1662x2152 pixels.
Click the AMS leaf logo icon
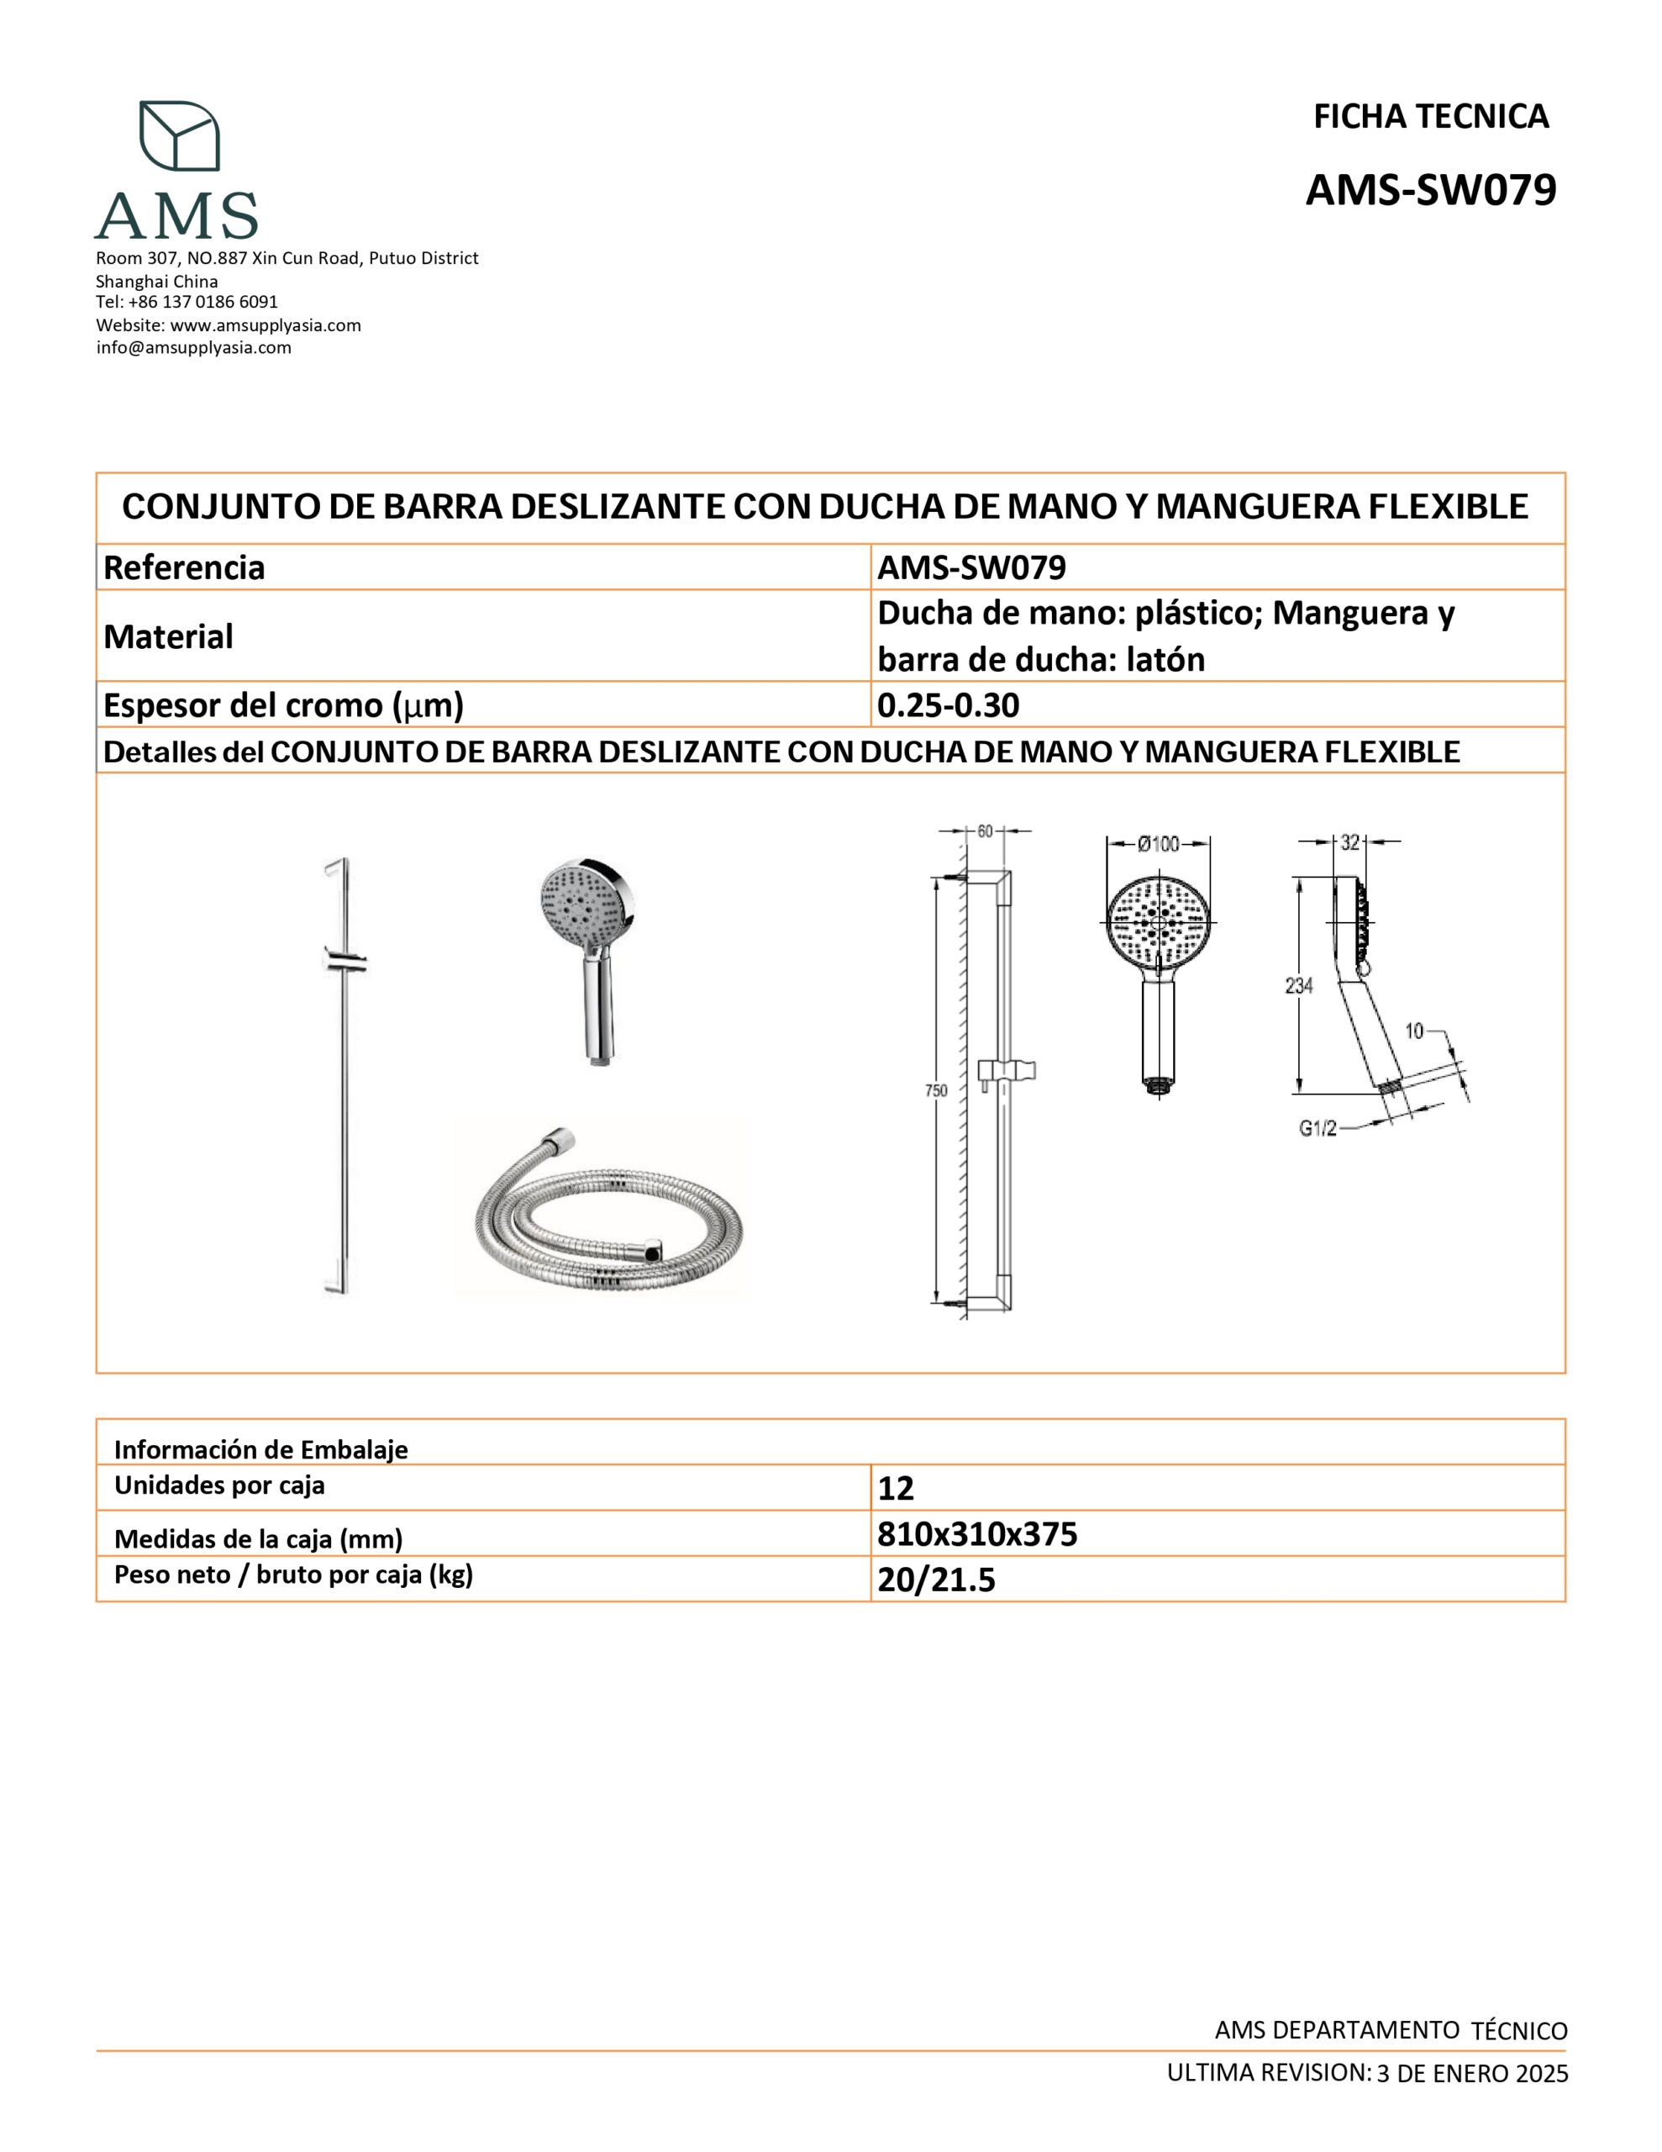(179, 135)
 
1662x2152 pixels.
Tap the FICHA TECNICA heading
(1430, 117)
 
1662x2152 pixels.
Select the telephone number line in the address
(187, 302)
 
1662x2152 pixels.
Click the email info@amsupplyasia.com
(194, 348)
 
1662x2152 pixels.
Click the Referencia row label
(184, 567)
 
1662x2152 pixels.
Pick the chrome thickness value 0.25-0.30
(949, 704)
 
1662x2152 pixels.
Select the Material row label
(168, 636)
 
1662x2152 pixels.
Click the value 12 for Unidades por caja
(897, 1488)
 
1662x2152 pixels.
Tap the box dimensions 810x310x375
(977, 1534)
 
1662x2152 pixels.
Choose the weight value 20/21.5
(937, 1580)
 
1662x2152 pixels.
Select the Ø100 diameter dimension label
(1159, 843)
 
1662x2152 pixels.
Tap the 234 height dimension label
(1300, 984)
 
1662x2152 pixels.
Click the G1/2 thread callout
(1318, 1129)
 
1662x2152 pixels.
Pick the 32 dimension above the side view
(1349, 842)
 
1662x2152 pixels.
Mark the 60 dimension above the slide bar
(984, 831)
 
